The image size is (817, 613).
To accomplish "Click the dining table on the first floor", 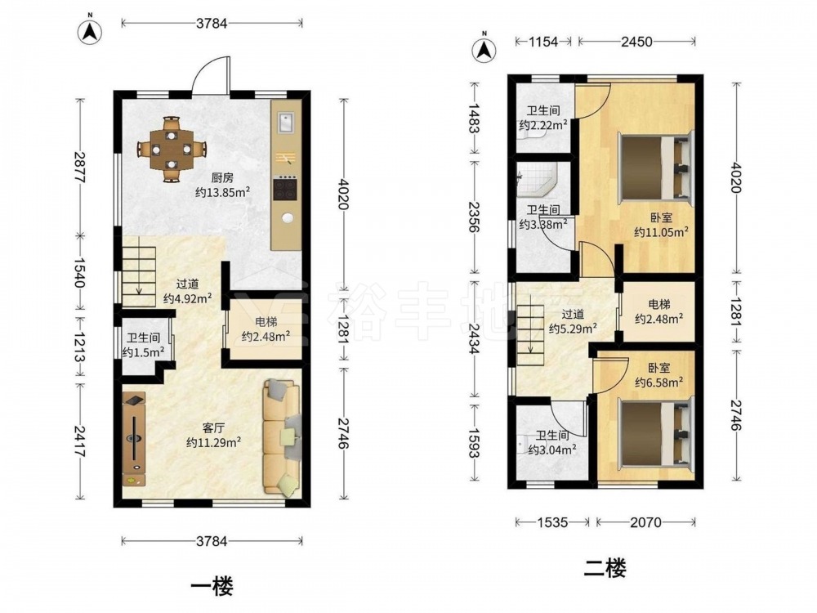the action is [x=172, y=149].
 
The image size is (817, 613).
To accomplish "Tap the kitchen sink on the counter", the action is [x=285, y=123].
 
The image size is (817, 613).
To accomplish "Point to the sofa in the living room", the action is [x=282, y=436].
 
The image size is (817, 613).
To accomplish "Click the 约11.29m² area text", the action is [x=213, y=442].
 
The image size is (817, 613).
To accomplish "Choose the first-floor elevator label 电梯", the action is [x=266, y=321].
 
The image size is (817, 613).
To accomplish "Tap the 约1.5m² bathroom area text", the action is [x=143, y=353].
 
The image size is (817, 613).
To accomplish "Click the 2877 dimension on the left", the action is [x=79, y=168].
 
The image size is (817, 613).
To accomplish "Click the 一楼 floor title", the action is [x=212, y=586].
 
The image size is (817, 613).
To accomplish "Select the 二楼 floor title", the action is [x=605, y=568].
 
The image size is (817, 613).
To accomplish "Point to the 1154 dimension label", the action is [x=543, y=42].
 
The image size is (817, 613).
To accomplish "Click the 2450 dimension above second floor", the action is [x=636, y=42].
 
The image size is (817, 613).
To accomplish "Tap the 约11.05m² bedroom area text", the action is [x=661, y=232].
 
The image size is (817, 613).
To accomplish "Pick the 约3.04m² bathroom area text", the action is [x=552, y=450].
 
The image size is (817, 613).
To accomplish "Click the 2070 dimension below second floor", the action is [x=646, y=521].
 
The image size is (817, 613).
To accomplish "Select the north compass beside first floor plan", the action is [x=90, y=32].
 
